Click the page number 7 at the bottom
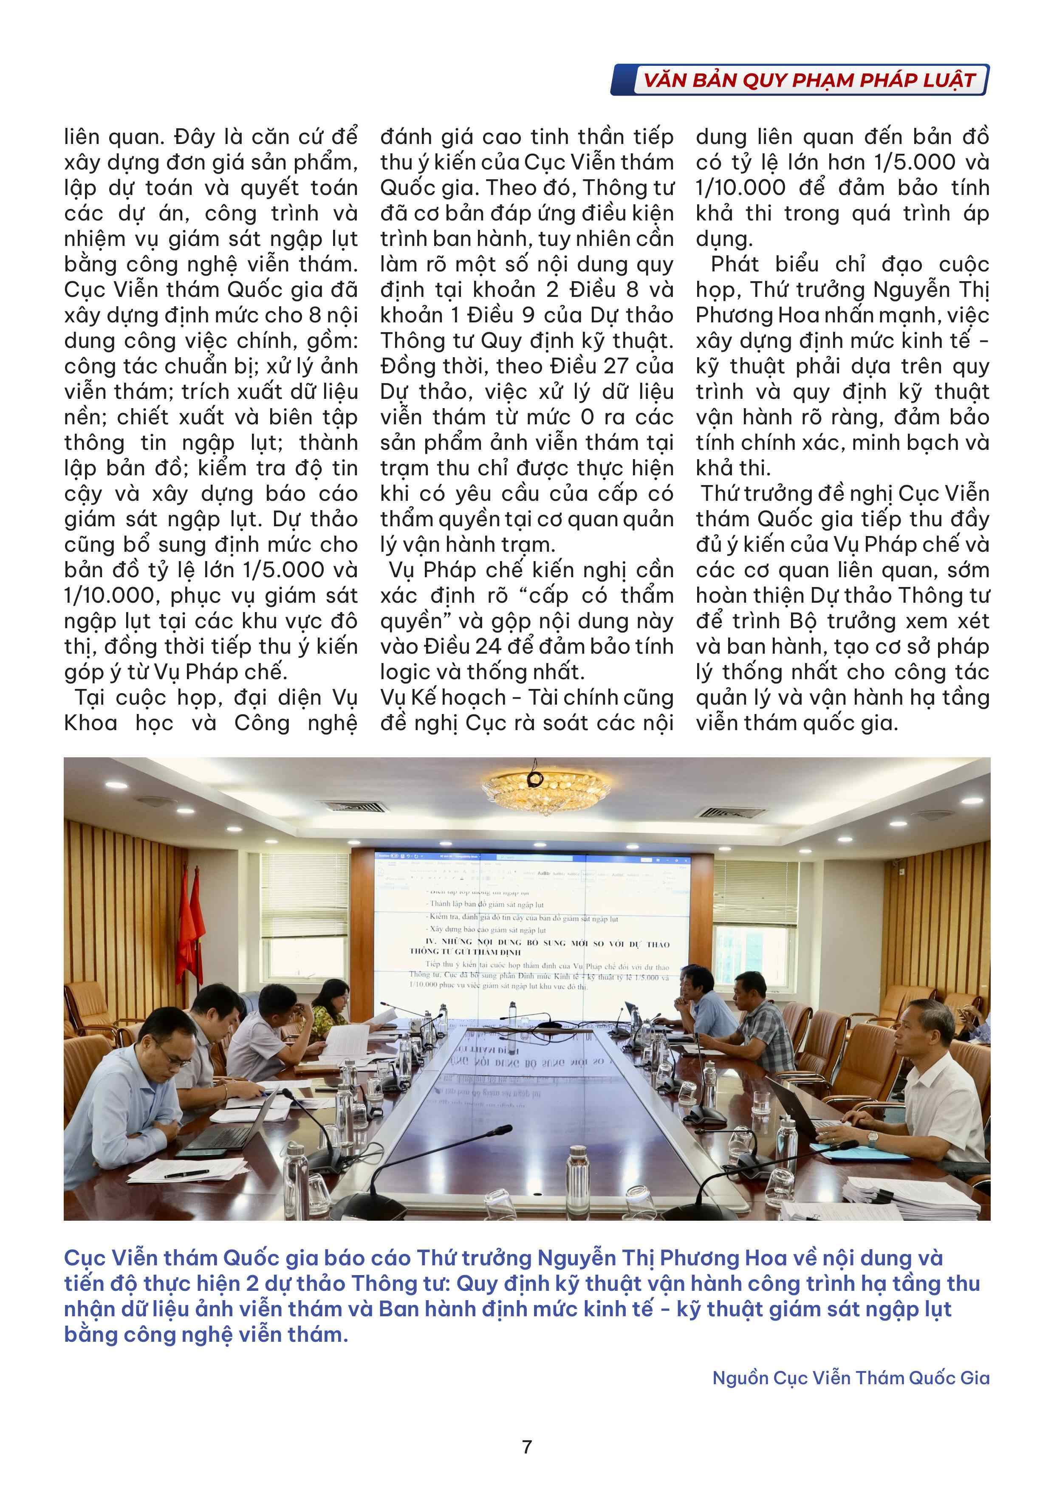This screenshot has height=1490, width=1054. coord(526,1447)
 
